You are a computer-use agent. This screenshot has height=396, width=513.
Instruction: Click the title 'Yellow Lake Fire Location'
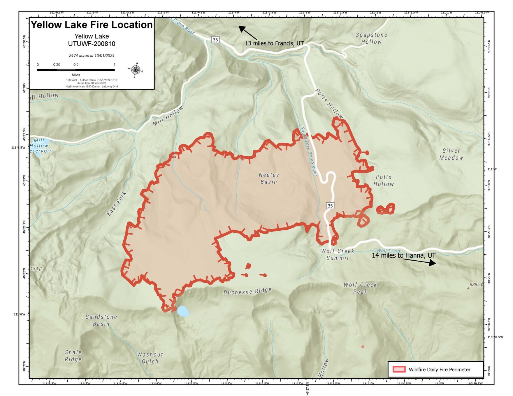tap(92, 25)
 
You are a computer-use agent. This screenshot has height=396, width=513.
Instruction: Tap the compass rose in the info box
tap(136, 70)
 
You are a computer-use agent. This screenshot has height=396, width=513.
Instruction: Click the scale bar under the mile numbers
tap(76, 70)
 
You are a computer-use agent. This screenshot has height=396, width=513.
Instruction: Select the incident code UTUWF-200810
tap(92, 44)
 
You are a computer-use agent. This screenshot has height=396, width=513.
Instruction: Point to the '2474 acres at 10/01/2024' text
tap(92, 56)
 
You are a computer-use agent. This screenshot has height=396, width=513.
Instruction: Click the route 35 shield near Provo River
tap(215, 40)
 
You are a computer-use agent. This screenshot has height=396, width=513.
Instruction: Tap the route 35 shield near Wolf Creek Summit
tap(330, 206)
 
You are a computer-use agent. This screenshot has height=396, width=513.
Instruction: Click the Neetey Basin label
tap(269, 178)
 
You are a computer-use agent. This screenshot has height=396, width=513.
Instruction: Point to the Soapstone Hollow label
tap(371, 38)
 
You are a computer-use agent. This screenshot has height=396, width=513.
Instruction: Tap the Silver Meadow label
tap(451, 154)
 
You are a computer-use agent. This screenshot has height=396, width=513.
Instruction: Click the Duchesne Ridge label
tap(247, 291)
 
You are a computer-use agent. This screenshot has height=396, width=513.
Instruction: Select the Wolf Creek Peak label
tap(360, 288)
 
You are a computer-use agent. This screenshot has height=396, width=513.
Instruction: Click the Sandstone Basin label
tap(101, 320)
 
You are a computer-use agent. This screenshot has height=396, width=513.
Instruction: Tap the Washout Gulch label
tap(150, 358)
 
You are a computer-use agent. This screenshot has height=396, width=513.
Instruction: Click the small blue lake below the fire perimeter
tap(183, 311)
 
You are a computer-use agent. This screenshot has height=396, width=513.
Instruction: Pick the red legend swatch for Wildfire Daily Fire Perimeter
tap(399, 370)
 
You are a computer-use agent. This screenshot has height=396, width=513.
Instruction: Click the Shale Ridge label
tap(73, 356)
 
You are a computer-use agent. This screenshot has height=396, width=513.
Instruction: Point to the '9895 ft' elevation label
tap(476, 284)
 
